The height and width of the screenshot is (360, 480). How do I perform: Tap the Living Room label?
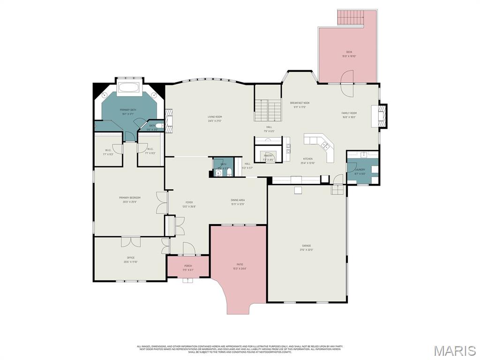coord(215,119)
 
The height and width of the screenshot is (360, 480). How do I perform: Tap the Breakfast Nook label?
coord(300,105)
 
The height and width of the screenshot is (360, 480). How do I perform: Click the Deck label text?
coord(349,54)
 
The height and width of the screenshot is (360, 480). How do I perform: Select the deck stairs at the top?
coord(350,18)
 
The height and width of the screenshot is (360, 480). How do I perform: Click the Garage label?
coord(307,247)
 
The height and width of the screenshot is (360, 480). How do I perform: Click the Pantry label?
coord(268,157)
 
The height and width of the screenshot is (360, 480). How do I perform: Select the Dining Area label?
coord(238,202)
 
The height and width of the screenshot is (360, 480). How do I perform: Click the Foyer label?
coord(189,204)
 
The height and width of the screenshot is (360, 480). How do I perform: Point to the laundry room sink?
coord(363,154)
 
